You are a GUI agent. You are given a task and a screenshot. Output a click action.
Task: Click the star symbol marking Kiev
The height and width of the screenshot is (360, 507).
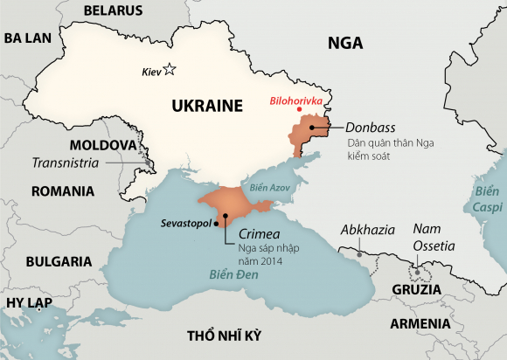[x=170, y=70]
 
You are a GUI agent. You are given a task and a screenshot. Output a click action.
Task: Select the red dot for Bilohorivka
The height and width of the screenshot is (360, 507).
[x=300, y=110]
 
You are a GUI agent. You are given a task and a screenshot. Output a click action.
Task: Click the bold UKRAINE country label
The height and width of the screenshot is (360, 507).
[x=206, y=107]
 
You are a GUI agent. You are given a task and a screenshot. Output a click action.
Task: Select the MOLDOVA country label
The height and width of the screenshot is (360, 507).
[x=103, y=143]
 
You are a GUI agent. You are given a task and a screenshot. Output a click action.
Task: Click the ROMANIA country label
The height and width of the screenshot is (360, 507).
[x=62, y=190]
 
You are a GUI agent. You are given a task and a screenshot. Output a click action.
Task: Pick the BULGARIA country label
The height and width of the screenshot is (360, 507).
[x=59, y=260]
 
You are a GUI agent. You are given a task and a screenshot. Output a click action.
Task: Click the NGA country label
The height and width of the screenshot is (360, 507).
[x=345, y=43]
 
